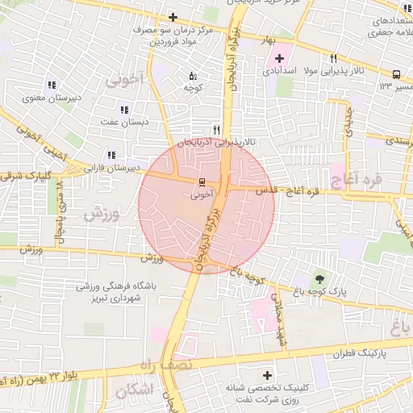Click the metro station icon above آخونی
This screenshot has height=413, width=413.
coord(202,181)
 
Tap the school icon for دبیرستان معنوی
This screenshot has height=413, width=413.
coord(52,85)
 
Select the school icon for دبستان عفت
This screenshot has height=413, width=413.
coord(123,109)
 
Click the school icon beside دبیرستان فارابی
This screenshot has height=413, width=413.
coord(111,154)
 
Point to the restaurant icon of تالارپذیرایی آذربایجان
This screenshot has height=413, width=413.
coord(215,129)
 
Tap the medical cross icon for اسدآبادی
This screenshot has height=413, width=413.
coord(280,58)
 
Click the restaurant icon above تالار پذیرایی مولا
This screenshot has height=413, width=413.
coord(332,58)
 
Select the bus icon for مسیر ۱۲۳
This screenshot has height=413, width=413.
coord(396,73)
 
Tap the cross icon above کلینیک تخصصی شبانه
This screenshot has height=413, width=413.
coord(267,375)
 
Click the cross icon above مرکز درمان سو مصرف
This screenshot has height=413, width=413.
coord(173,17)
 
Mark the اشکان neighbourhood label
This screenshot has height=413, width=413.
coord(133,391)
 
